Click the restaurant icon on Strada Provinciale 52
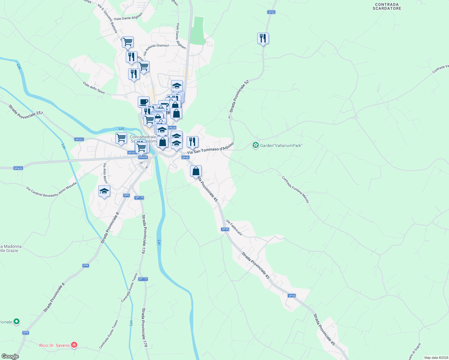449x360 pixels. pyautogui.click(x=263, y=38)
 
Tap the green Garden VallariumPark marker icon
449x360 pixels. pyautogui.click(x=255, y=145)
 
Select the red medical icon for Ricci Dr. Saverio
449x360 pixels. pyautogui.click(x=74, y=345)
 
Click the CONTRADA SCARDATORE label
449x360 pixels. pyautogui.click(x=387, y=7)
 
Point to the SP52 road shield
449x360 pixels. pyautogui.click(x=271, y=12)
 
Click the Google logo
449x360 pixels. pyautogui.click(x=10, y=356)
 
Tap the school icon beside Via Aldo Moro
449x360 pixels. pyautogui.click(x=104, y=191)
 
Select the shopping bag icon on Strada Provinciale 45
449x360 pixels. pyautogui.click(x=196, y=171)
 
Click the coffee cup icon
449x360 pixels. pyautogui.click(x=143, y=102)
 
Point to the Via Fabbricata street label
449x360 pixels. pyautogui.click(x=234, y=227)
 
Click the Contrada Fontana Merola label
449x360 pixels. pyautogui.click(x=295, y=189)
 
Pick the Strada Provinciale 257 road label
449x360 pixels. pyautogui.click(x=26, y=111)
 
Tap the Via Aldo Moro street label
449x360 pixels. pyautogui.click(x=105, y=173)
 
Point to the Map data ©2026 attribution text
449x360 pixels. pyautogui.click(x=436, y=358)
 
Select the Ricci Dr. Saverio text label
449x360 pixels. pyautogui.click(x=54, y=345)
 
